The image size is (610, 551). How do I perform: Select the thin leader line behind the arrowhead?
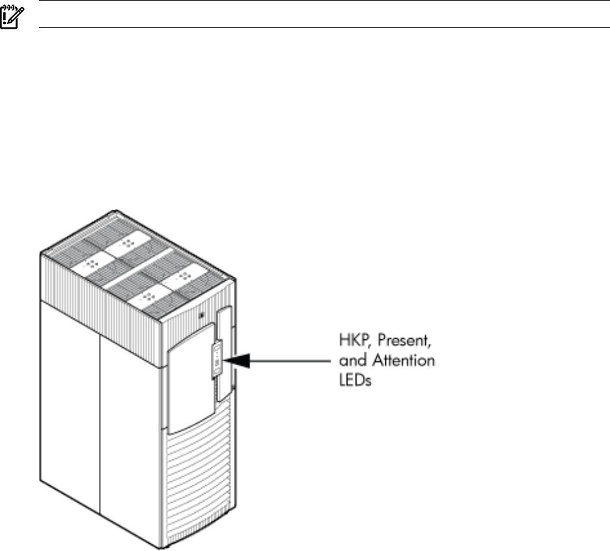[x=286, y=357]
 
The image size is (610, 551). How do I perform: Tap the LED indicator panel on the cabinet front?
[x=214, y=356]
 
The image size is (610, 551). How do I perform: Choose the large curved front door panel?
[x=189, y=384]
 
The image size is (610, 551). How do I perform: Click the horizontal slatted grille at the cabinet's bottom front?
[x=195, y=482]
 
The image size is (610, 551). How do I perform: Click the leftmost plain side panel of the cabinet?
[x=70, y=404]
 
